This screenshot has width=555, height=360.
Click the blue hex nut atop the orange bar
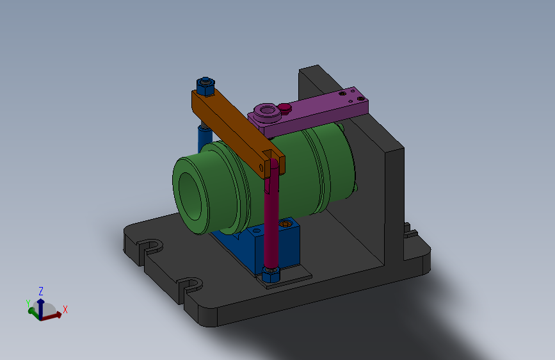205,86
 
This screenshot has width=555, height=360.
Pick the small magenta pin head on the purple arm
284,108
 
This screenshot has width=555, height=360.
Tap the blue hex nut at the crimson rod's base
271,274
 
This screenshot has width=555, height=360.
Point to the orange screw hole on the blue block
285,224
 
